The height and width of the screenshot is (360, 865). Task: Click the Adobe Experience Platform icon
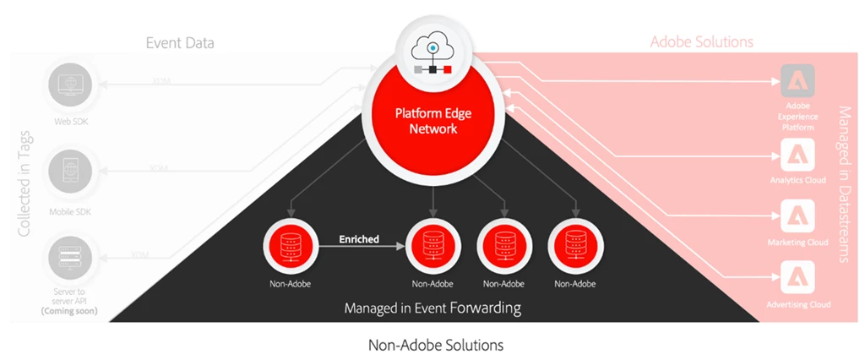(x=797, y=83)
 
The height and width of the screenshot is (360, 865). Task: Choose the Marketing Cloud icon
(x=797, y=216)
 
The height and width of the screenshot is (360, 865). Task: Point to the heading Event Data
(x=179, y=43)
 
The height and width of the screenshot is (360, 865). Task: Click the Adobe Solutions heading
(x=701, y=41)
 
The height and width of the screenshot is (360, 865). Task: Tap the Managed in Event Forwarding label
(x=432, y=308)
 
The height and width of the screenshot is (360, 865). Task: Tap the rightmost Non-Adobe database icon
(x=575, y=246)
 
